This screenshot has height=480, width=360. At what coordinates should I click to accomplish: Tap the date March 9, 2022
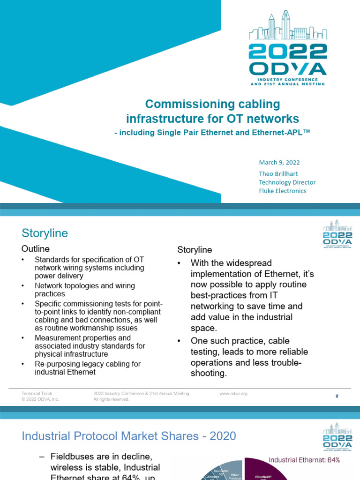279,163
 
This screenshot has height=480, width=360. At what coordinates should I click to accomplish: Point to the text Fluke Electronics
283,191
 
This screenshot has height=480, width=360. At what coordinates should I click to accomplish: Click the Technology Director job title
287,182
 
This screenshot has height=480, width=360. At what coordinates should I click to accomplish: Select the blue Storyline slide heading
45,233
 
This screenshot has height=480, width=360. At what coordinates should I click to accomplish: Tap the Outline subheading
36,248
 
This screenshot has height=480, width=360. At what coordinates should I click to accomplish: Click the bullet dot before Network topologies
24,285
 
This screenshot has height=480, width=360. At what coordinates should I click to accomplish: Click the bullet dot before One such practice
179,341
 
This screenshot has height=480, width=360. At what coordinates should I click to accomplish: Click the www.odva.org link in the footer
233,394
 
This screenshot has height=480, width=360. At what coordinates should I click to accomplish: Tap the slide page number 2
337,396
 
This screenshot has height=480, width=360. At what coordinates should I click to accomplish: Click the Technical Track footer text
37,394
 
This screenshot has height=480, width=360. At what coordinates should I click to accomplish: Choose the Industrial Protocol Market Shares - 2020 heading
129,436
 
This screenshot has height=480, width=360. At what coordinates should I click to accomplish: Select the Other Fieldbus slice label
234,475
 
